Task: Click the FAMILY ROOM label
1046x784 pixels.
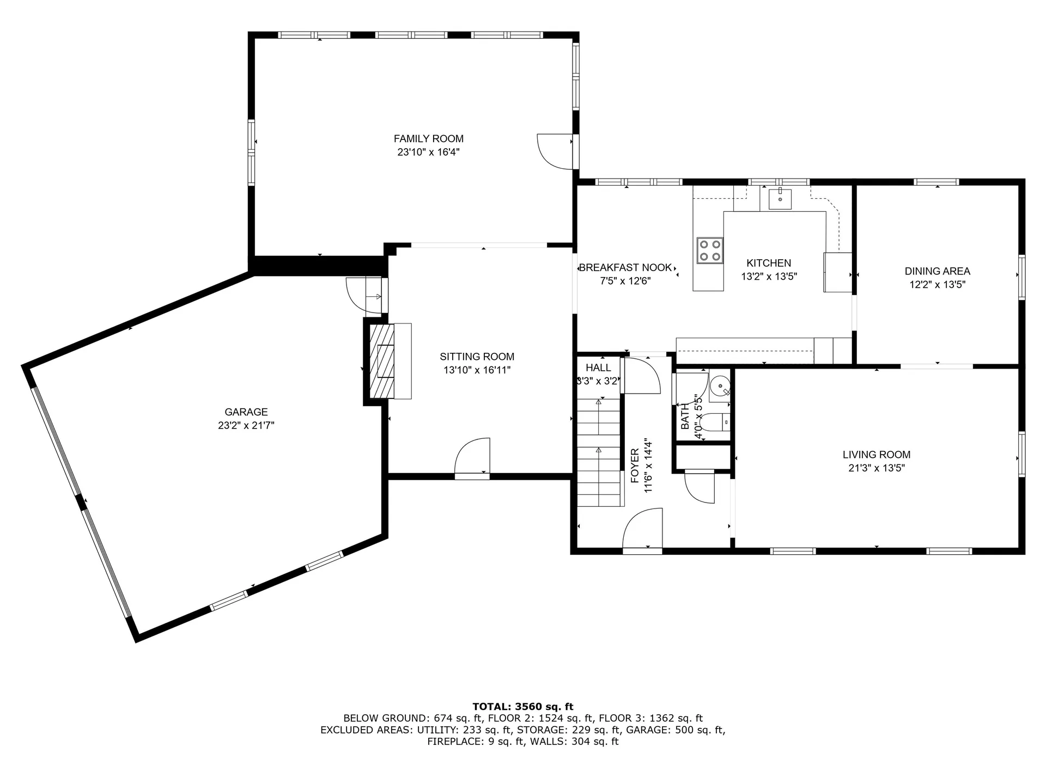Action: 428,139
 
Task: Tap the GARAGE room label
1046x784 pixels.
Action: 246,412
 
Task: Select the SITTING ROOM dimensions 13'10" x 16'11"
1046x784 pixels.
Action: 477,370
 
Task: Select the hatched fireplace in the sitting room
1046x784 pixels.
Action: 382,361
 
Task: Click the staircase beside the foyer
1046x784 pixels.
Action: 599,452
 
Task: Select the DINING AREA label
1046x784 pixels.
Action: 937,271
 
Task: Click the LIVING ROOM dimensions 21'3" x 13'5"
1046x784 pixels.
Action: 876,468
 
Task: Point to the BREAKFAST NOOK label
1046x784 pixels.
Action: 625,268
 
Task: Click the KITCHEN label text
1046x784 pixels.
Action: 769,263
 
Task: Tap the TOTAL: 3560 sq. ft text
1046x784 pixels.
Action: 522,707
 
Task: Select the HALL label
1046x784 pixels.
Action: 598,368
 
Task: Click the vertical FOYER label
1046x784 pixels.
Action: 635,466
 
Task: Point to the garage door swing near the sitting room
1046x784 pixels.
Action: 364,295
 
